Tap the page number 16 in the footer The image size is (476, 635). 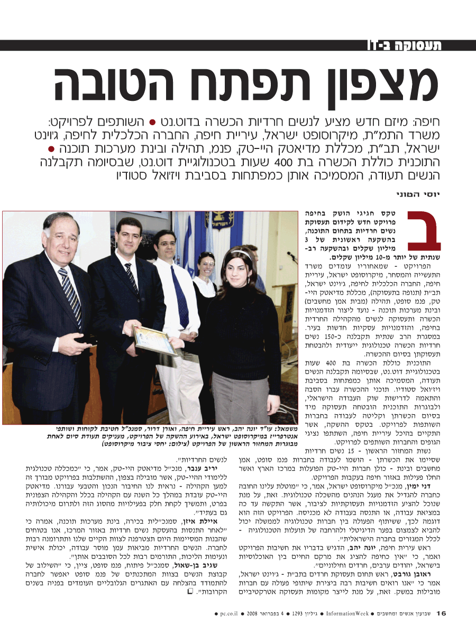click(x=441, y=613)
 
